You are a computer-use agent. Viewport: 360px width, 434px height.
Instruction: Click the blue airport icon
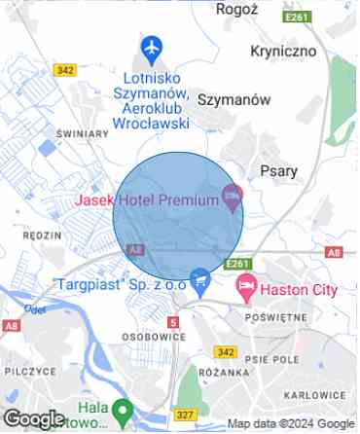tap(150, 46)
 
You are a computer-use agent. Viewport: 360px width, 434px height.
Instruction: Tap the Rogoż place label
tap(238, 8)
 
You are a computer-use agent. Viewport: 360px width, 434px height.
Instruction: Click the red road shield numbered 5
tap(173, 321)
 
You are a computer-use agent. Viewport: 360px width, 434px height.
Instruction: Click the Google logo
tap(33, 419)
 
